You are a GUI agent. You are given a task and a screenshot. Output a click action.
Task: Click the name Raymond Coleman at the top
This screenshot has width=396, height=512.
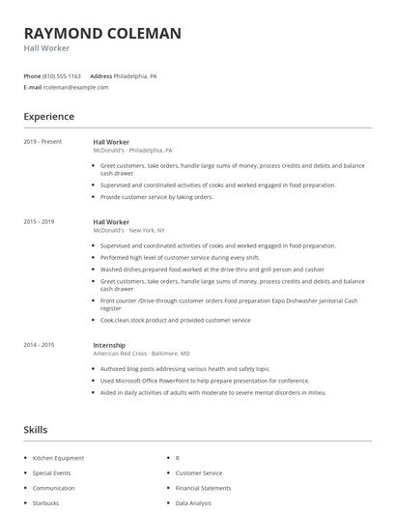tap(102, 34)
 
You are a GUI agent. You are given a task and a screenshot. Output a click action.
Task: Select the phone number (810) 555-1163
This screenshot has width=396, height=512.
tap(63, 75)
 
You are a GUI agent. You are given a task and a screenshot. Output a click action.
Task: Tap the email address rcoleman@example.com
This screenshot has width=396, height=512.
tap(76, 87)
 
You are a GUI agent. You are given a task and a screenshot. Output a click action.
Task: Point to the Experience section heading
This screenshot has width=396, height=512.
tap(49, 117)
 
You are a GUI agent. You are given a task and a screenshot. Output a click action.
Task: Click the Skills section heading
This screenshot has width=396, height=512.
tap(36, 429)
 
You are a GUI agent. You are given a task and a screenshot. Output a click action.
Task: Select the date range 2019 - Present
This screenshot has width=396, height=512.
tap(42, 142)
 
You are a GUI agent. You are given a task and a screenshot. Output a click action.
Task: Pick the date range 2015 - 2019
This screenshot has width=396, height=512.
tap(40, 222)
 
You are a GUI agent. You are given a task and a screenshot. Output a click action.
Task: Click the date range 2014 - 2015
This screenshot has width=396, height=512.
tap(40, 345)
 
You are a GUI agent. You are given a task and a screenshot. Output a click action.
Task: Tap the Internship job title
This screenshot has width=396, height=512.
tap(109, 345)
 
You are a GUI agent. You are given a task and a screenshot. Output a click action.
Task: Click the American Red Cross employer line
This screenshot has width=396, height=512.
tap(141, 354)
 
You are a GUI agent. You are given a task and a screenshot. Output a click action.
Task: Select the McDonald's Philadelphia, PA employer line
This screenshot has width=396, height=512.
tap(132, 151)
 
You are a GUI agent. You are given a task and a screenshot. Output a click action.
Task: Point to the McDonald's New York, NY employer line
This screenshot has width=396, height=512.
tap(128, 231)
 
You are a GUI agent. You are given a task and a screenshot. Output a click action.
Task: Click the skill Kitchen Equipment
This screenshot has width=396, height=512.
tap(58, 458)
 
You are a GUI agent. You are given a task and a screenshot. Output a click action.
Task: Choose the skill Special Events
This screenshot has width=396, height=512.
tap(52, 473)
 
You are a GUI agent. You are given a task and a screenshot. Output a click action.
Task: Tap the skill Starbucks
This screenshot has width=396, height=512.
tap(46, 503)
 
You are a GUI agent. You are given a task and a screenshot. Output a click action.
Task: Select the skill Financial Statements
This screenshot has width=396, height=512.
tap(203, 488)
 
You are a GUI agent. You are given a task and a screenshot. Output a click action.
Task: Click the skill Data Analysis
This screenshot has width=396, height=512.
tap(194, 503)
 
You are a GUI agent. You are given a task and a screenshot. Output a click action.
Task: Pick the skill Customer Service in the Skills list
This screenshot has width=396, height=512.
tap(199, 473)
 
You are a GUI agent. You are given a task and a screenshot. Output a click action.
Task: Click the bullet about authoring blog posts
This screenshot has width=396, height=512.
tap(185, 369)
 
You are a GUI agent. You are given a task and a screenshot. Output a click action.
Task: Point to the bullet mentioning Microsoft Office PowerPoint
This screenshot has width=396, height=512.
tap(198, 381)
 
